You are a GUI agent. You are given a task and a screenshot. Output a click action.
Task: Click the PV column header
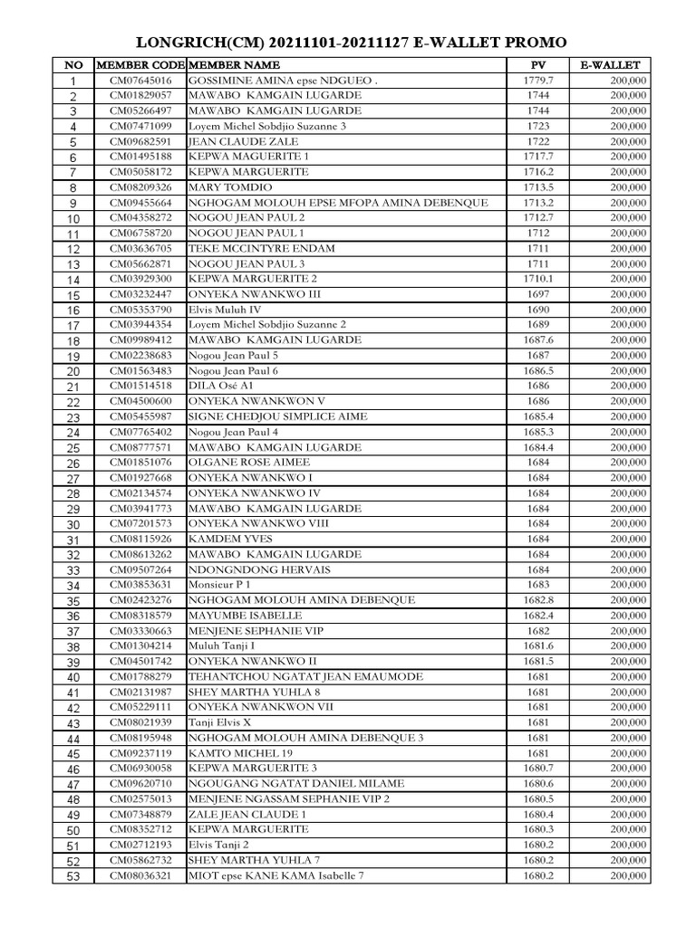538,65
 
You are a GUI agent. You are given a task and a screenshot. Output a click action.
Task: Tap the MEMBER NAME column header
235,65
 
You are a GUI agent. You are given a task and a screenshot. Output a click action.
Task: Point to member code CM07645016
140,81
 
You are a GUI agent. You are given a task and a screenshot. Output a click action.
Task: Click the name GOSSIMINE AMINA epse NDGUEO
282,81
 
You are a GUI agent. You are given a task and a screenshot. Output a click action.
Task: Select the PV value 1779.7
537,81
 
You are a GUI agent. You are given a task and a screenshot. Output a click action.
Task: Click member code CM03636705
140,248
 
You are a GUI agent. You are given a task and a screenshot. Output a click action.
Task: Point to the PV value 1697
537,294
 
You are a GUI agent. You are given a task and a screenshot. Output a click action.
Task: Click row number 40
73,677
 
